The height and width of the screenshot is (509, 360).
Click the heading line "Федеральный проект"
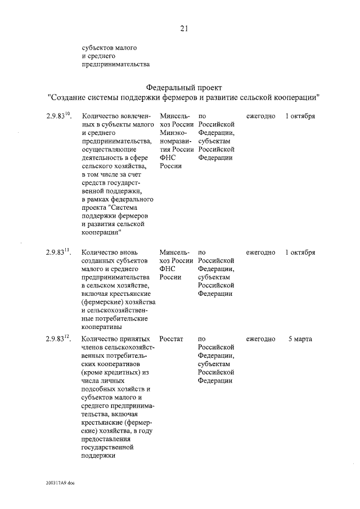(x=184, y=88)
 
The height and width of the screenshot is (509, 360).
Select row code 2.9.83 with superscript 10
(x=58, y=116)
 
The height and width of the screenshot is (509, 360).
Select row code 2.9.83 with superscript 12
(x=58, y=339)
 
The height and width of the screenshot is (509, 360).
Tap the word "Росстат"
(x=172, y=339)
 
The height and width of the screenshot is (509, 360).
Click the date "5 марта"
(x=300, y=339)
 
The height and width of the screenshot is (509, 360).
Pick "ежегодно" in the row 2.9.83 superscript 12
(x=260, y=339)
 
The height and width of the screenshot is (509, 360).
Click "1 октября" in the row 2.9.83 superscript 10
(x=300, y=116)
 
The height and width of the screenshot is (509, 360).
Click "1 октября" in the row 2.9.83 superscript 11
(x=300, y=253)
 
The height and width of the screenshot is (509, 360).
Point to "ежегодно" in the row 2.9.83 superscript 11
(x=260, y=253)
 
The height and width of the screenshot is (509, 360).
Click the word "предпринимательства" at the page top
(x=116, y=64)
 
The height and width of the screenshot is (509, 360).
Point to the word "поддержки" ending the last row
(x=98, y=456)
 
